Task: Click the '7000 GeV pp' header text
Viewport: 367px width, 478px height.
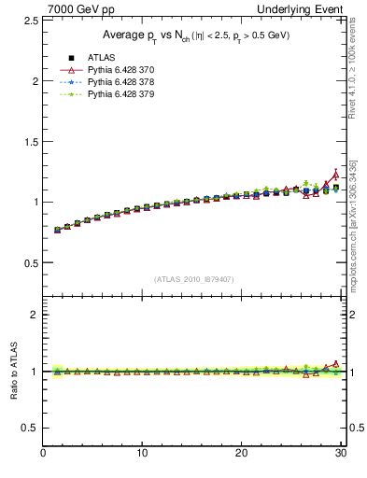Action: (x=73, y=8)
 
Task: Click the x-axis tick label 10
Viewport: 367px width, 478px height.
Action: (x=142, y=455)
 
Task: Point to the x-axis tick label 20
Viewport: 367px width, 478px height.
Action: (x=241, y=455)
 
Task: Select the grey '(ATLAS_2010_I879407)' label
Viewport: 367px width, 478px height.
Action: (x=194, y=278)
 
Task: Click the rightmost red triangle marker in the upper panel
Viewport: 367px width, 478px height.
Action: (x=335, y=175)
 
